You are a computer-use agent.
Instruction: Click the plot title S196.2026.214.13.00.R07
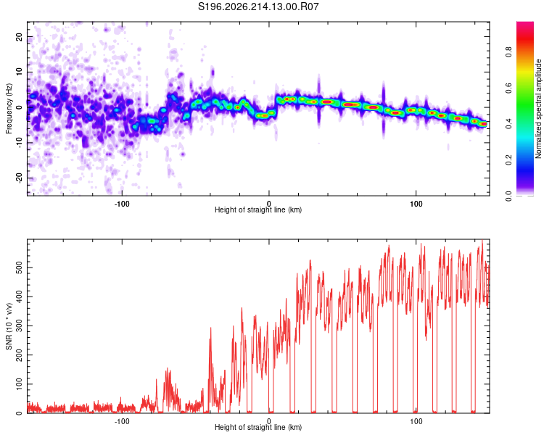(x=258, y=7)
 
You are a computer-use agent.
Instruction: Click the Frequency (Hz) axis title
(x=9, y=109)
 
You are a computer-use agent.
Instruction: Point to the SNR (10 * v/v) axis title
(x=9, y=326)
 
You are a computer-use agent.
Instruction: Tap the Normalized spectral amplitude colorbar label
(x=538, y=109)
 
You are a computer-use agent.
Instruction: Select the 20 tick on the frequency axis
(x=19, y=36)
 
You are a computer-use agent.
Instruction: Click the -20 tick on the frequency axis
(x=19, y=178)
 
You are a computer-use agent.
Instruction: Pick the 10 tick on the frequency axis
(x=19, y=72)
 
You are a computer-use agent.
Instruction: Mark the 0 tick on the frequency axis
(x=19, y=107)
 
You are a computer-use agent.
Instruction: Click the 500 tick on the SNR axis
(x=19, y=268)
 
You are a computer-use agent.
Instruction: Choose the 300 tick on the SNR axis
(x=19, y=326)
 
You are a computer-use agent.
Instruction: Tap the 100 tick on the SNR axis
(x=19, y=384)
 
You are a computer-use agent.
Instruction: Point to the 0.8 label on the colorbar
(x=508, y=52)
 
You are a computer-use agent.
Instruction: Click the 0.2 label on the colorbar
(x=508, y=160)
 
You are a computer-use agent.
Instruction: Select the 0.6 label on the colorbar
(x=508, y=88)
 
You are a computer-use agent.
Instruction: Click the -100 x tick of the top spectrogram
(x=122, y=204)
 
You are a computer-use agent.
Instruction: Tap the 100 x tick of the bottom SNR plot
(x=416, y=421)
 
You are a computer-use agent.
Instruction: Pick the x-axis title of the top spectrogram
(x=258, y=210)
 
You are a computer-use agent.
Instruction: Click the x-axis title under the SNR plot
(x=258, y=427)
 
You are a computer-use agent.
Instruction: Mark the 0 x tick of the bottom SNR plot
(x=269, y=421)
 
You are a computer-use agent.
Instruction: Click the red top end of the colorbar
(x=525, y=24)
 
